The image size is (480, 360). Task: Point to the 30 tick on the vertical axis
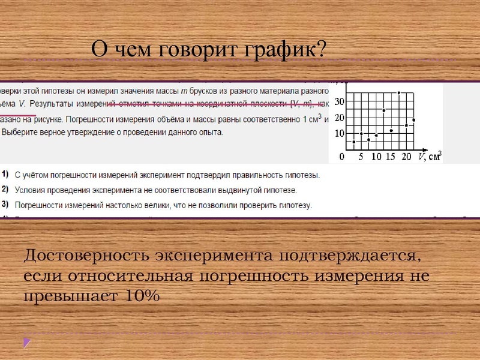(339, 101)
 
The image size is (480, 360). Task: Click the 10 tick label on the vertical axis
(339, 133)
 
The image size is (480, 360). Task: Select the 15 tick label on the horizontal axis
(391, 157)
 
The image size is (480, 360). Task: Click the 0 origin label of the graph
(342, 157)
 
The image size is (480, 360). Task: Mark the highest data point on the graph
(398, 92)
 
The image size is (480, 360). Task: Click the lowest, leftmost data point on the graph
(354, 142)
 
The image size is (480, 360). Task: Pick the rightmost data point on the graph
(413, 120)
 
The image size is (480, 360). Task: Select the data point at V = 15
(391, 130)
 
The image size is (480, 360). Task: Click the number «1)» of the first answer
(4, 175)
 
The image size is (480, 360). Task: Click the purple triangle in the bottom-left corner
(26, 342)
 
